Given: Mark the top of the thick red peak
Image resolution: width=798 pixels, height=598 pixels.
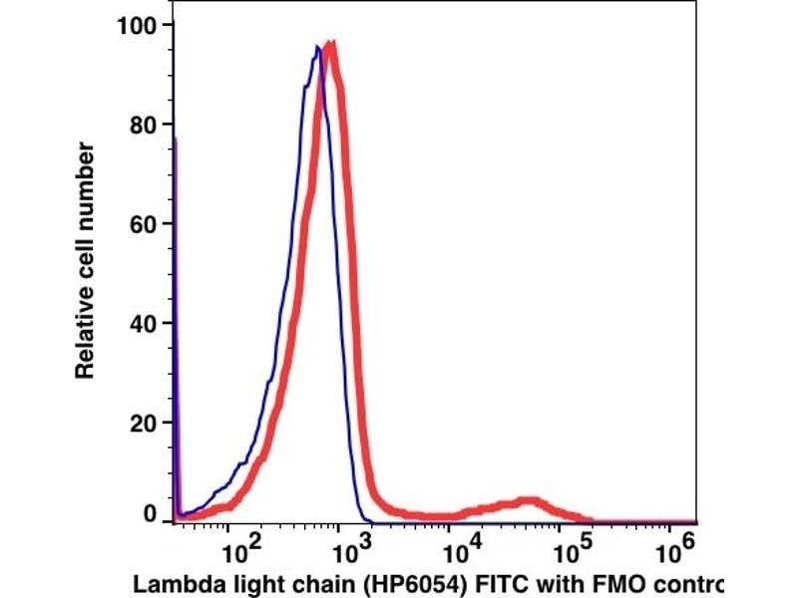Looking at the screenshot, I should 331,46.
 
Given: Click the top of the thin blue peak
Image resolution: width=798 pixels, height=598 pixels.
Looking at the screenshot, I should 317,47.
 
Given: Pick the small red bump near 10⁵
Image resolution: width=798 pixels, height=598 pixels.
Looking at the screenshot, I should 529,501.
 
